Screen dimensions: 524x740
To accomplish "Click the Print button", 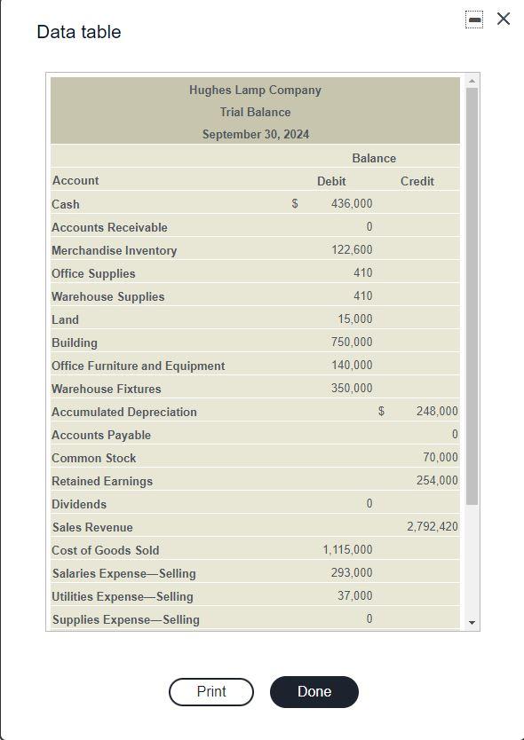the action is tap(211, 692).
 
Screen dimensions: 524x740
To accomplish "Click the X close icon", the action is tap(504, 19).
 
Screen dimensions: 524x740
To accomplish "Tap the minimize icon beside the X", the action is tap(475, 19).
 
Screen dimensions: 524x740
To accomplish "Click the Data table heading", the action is tap(79, 32).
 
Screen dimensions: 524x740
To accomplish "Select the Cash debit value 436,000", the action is tap(352, 204).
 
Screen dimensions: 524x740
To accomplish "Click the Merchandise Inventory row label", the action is tap(115, 250).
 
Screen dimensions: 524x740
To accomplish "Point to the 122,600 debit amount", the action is tap(352, 250).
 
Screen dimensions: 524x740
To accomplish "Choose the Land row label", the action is tap(65, 319).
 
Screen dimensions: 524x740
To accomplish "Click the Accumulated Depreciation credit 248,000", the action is tap(437, 412).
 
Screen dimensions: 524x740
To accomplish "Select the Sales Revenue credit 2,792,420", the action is tap(433, 527).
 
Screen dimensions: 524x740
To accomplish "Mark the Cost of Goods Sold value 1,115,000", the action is tap(347, 550).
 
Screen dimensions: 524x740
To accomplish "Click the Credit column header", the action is tap(417, 181).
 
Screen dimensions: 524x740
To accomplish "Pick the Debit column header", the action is tap(331, 181).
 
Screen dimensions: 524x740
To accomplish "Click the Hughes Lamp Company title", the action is tap(255, 90).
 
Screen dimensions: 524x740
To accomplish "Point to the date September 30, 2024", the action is tap(256, 135).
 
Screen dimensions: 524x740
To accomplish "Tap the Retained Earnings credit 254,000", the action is tap(437, 481).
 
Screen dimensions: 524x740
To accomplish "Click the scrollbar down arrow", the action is tap(472, 623).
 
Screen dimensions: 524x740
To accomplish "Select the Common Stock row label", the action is tap(94, 458).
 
